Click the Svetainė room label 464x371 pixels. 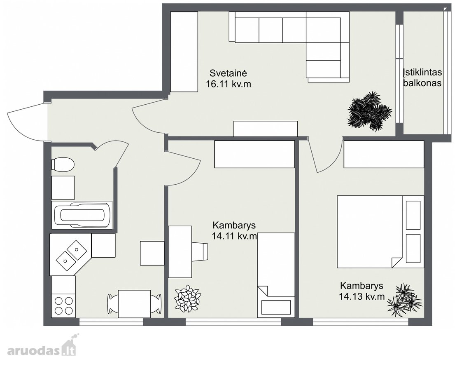(x=228, y=73)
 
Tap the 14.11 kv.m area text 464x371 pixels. (x=234, y=236)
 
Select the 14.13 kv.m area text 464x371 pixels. (x=361, y=296)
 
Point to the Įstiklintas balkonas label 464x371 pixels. (x=422, y=77)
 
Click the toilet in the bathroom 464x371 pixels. (x=63, y=165)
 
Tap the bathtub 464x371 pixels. (x=82, y=215)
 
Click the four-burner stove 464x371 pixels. (x=63, y=306)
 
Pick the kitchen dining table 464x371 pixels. (x=134, y=304)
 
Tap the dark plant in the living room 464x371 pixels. (x=369, y=111)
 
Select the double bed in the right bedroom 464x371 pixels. (x=380, y=232)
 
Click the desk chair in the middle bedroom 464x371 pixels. (x=200, y=252)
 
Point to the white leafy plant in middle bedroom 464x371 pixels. (x=187, y=298)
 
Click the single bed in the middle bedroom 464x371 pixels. (x=276, y=275)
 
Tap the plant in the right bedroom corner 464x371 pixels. (x=404, y=300)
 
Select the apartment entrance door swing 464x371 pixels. (x=27, y=122)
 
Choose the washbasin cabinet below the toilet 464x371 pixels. (x=63, y=188)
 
